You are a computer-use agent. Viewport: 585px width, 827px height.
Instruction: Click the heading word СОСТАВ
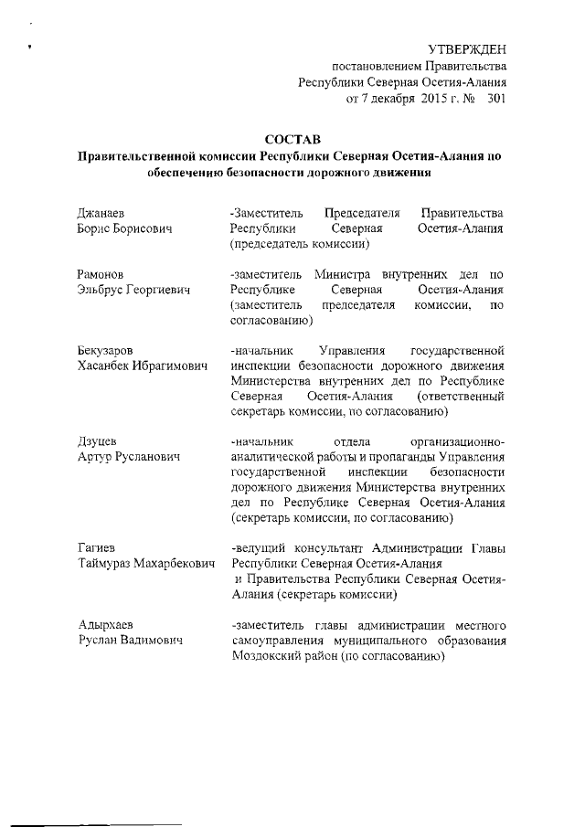coord(292,140)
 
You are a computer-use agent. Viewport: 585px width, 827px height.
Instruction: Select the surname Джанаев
coord(101,213)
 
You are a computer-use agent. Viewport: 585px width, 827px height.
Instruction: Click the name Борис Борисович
coord(124,228)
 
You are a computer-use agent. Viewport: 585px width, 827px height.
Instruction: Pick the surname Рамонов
coord(101,274)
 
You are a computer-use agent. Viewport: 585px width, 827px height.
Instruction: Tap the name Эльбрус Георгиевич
coord(133,290)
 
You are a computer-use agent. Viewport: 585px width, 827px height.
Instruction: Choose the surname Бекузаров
coord(107,350)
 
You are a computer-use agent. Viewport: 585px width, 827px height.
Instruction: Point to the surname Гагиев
coord(98,548)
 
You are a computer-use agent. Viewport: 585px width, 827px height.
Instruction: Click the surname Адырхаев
coord(106,625)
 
